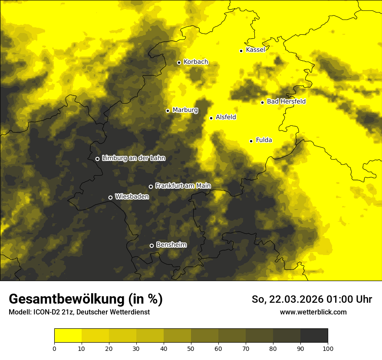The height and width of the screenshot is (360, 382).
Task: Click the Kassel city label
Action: click(255, 50)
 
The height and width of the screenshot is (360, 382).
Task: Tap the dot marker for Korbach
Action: click(179, 62)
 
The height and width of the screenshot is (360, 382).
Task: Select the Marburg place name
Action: click(185, 110)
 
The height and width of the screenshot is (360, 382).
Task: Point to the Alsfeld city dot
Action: click(211, 118)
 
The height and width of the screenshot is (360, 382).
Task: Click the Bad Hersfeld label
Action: click(286, 101)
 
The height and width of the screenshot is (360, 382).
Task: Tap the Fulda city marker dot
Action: click(251, 141)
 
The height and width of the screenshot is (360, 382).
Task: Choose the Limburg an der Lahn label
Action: click(134, 158)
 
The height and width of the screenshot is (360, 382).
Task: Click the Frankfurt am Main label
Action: click(183, 186)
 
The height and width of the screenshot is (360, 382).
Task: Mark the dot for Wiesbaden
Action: click(110, 197)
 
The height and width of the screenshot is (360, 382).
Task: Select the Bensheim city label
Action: click(171, 245)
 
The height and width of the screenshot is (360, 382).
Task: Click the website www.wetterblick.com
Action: click(313, 312)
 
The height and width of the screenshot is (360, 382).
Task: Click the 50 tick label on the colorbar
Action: click(191, 348)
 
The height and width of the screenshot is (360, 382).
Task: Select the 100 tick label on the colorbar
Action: click(328, 348)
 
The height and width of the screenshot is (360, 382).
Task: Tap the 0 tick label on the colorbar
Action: click(54, 348)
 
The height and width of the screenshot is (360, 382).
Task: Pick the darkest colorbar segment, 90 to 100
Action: click(314, 336)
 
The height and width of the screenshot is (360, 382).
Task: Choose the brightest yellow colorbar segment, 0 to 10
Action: click(68, 336)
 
